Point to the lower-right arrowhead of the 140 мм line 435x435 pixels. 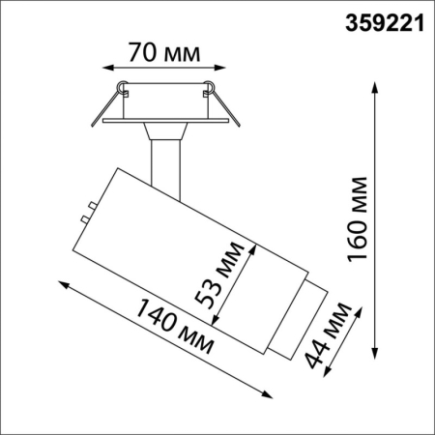(x=268, y=393)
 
